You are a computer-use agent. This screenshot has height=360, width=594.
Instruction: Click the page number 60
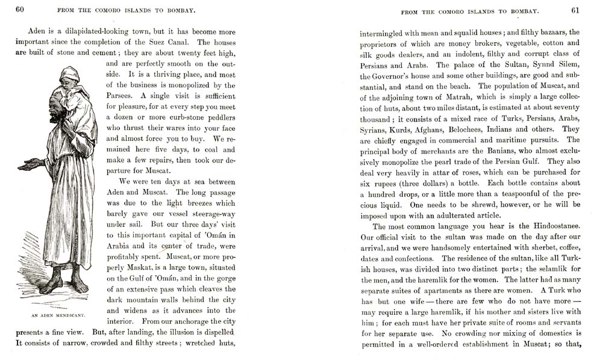tap(20, 10)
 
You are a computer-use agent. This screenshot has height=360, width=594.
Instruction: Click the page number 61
tap(575, 10)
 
